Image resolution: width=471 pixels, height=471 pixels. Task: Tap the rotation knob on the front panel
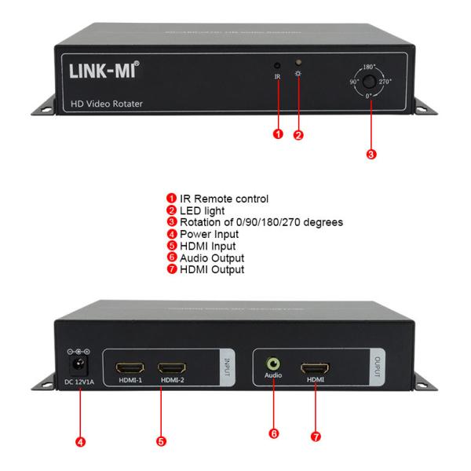point(367,81)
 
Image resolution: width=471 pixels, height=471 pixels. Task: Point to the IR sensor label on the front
point(277,77)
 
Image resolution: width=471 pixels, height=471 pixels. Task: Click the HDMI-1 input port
point(130,367)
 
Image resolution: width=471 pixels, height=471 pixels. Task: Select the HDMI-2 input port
point(171,367)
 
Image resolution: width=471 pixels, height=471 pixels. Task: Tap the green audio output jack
point(273,364)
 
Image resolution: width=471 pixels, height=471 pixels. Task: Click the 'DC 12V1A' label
point(78,382)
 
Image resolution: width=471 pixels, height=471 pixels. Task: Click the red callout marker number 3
point(371,154)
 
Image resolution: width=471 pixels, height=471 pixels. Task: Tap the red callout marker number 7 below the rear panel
point(315,436)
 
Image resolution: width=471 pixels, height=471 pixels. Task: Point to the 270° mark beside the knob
point(386,81)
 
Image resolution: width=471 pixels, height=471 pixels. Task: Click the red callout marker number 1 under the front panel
point(277,134)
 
